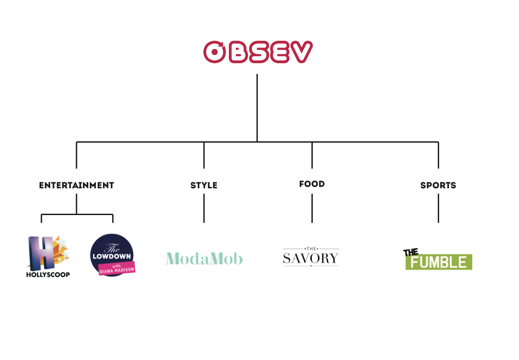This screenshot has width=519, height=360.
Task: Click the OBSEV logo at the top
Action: pyautogui.click(x=258, y=52)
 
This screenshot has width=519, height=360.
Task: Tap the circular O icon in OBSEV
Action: pyautogui.click(x=214, y=52)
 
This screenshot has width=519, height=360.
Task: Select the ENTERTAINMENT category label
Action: pyautogui.click(x=77, y=186)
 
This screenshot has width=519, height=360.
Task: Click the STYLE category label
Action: pyautogui.click(x=204, y=186)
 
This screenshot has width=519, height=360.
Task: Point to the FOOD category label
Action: pyautogui.click(x=312, y=184)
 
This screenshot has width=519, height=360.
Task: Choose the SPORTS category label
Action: pyautogui.click(x=438, y=186)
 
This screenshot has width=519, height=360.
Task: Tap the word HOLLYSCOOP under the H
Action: pyautogui.click(x=48, y=275)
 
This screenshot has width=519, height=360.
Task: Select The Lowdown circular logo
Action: pyautogui.click(x=112, y=253)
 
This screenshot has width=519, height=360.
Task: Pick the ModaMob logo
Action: pyautogui.click(x=204, y=258)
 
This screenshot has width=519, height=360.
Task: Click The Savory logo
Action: pyautogui.click(x=311, y=258)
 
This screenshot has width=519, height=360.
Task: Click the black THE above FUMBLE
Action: pyautogui.click(x=411, y=252)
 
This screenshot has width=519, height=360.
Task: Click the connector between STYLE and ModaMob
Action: pyautogui.click(x=204, y=209)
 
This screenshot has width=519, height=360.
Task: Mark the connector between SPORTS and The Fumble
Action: pyautogui.click(x=438, y=209)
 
